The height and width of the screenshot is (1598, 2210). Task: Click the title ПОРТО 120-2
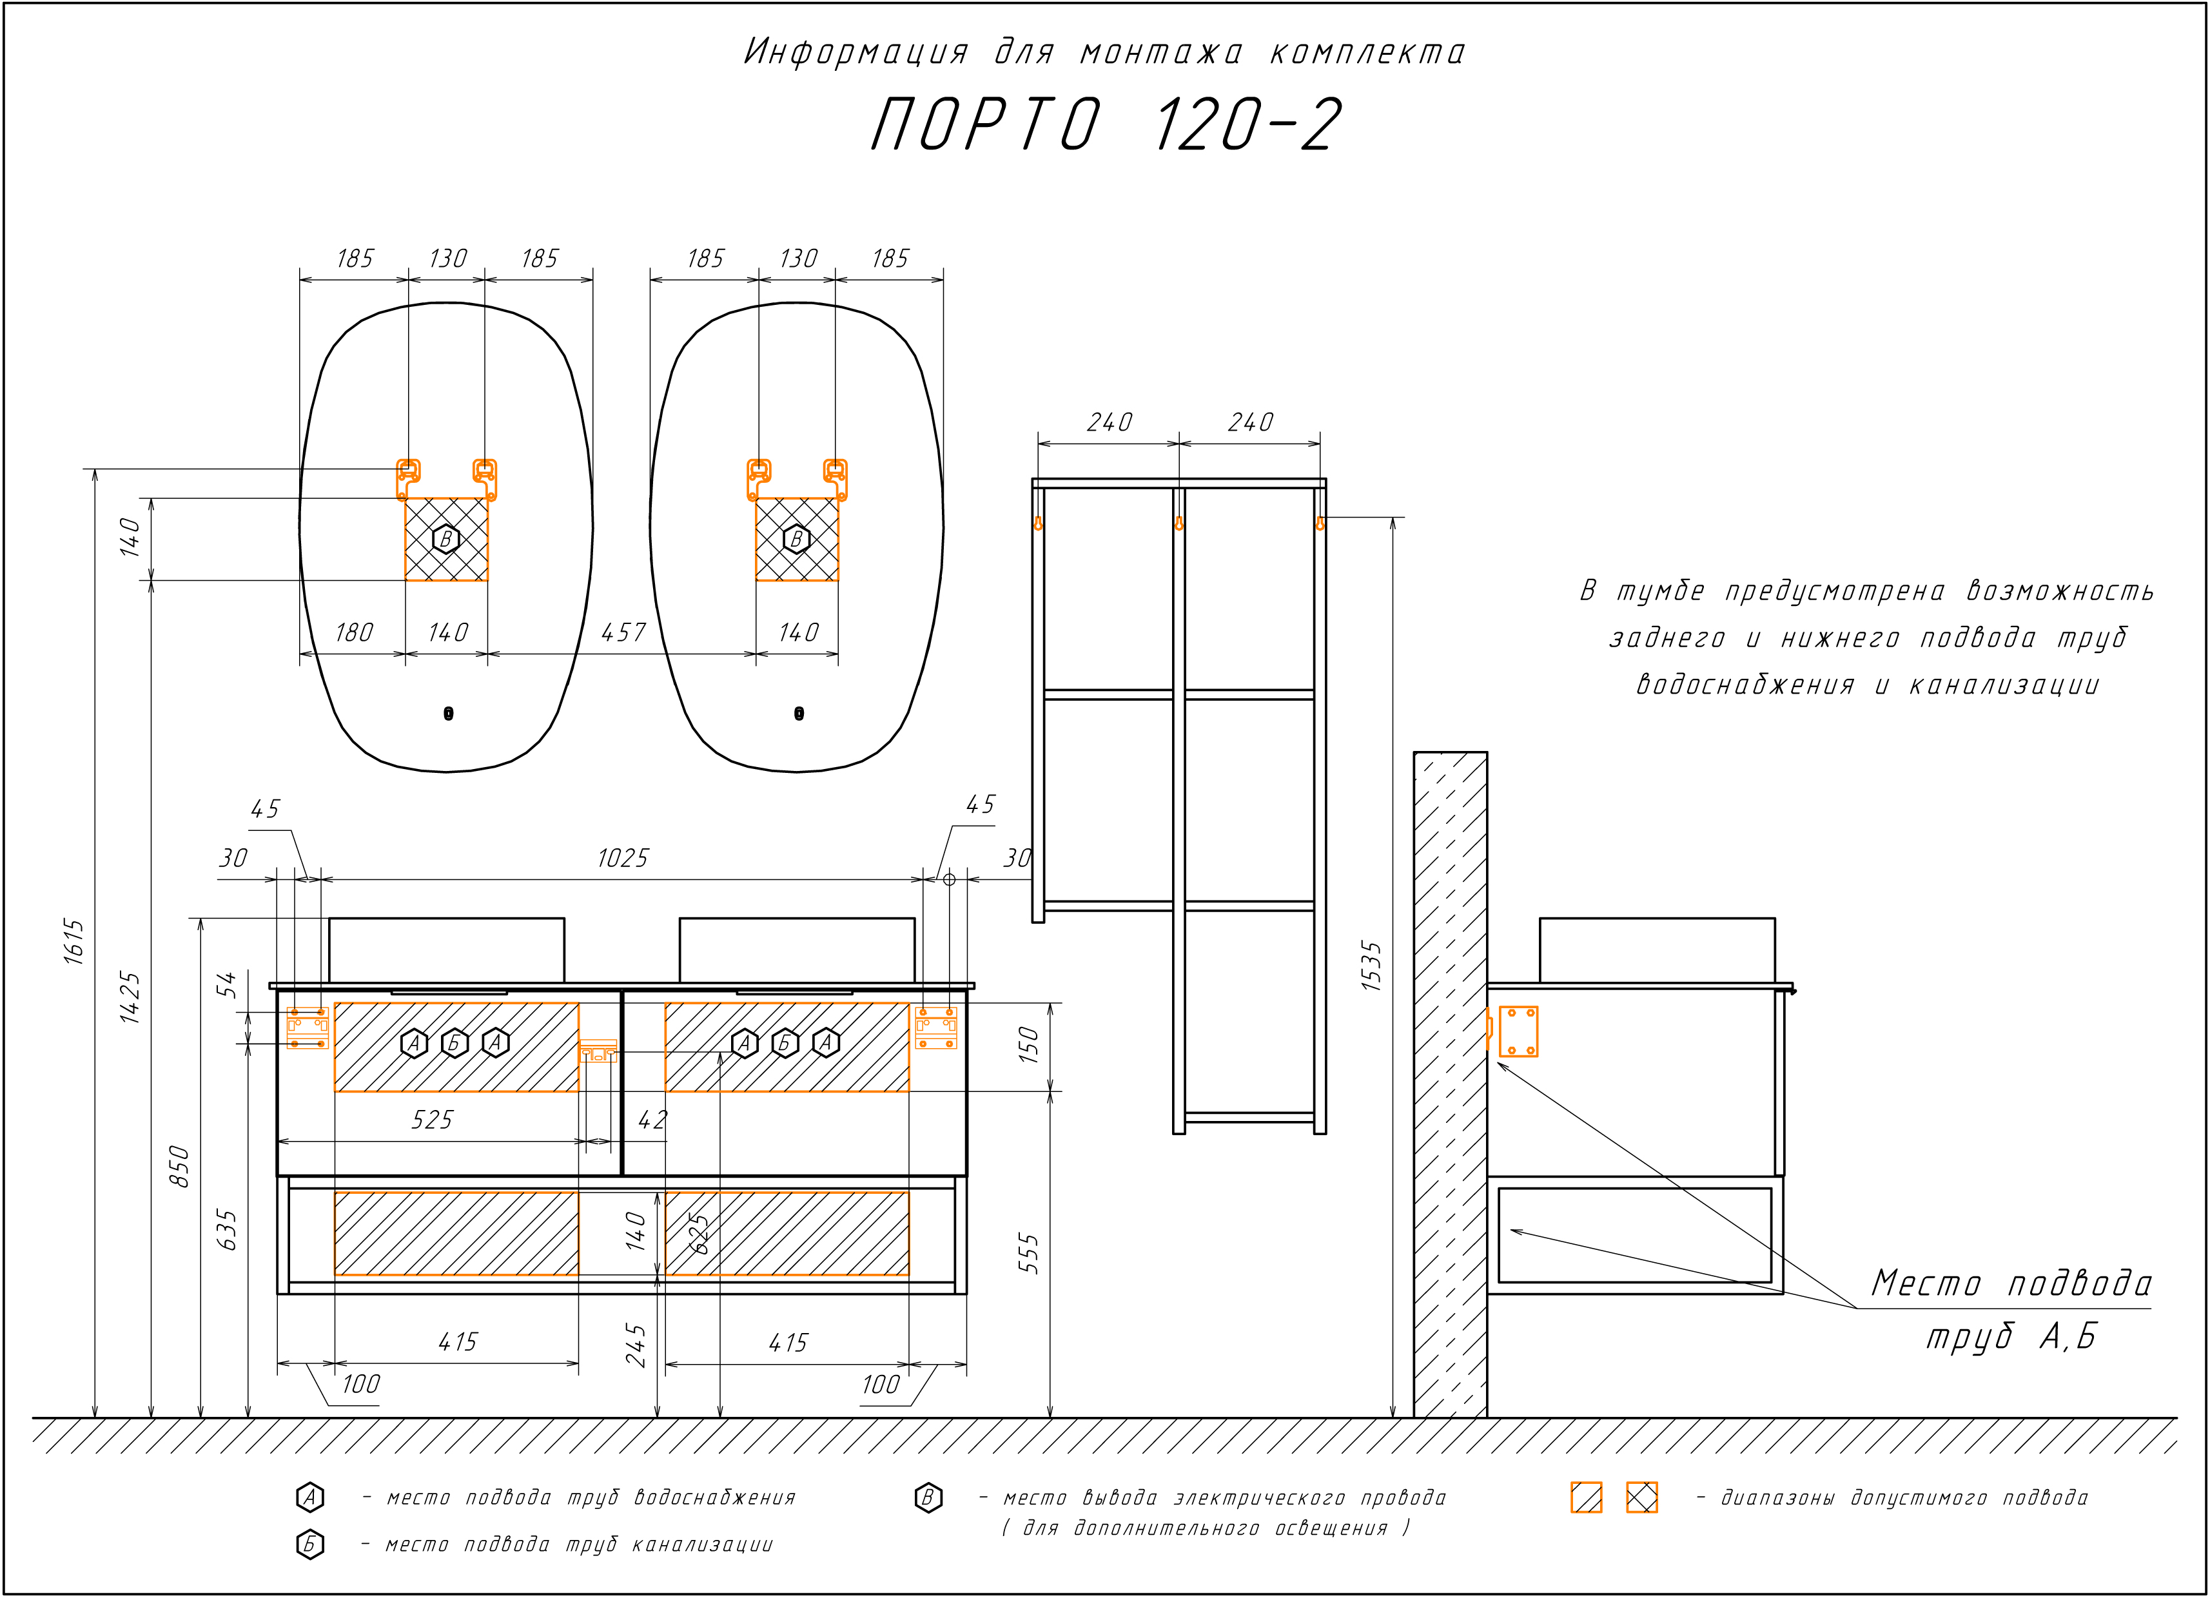point(1106,124)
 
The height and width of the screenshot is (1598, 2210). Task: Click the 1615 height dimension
point(75,941)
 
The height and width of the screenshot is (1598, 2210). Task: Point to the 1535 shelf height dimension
point(1372,966)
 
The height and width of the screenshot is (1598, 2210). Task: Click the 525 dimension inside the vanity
point(432,1120)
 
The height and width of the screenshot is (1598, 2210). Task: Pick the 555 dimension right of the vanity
point(1029,1254)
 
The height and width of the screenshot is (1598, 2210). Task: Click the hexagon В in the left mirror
point(446,539)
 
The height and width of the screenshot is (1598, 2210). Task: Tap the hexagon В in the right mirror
point(797,539)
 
